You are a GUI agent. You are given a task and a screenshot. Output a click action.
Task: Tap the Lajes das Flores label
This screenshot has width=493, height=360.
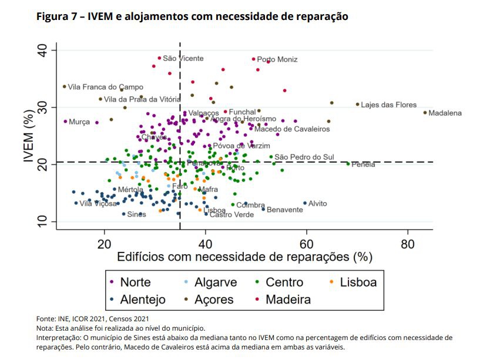click(388, 105)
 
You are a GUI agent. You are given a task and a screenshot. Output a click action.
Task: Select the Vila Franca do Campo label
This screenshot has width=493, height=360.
click(106, 87)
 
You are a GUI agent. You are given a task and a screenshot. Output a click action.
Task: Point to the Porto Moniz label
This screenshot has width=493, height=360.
click(277, 59)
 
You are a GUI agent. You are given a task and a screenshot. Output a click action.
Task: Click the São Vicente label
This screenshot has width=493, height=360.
click(183, 59)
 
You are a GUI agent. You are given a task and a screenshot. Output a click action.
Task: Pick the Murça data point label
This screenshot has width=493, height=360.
click(79, 122)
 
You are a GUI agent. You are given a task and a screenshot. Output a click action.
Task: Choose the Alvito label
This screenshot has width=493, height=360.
click(317, 204)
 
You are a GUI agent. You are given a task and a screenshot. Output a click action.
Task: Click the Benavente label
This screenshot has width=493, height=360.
click(285, 210)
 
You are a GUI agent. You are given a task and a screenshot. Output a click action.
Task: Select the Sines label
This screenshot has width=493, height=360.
click(136, 214)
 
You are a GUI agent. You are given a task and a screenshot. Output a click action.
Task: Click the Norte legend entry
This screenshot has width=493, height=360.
click(135, 282)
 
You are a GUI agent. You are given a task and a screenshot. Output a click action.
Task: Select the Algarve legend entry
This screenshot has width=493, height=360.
click(216, 282)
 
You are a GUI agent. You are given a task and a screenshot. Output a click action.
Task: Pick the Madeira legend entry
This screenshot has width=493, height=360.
click(288, 300)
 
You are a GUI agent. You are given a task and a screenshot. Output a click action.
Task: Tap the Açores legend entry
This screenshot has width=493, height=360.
click(214, 300)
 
